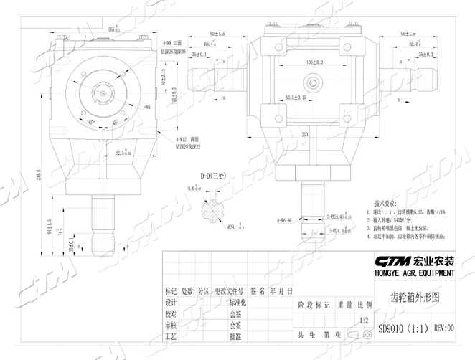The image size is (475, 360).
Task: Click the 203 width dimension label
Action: [286, 133]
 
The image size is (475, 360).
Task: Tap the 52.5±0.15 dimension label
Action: [296, 97]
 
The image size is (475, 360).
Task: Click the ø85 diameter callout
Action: [147, 107]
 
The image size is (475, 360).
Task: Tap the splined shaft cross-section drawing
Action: [215, 212]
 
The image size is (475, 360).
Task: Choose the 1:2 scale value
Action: [365, 320]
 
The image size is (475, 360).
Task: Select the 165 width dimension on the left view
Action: [112, 29]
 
